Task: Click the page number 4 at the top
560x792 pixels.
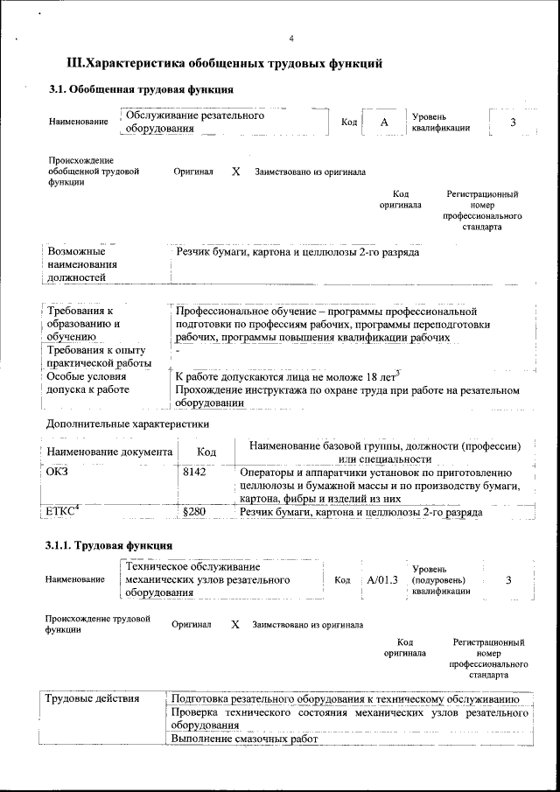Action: (x=291, y=39)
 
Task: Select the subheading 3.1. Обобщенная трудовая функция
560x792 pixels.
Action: (x=141, y=89)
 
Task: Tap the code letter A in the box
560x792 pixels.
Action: (x=384, y=122)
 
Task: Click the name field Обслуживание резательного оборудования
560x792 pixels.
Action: (x=194, y=122)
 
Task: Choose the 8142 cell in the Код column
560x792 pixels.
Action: (x=193, y=472)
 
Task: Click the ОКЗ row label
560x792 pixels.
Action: (x=57, y=472)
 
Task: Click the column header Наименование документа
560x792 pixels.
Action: (x=109, y=452)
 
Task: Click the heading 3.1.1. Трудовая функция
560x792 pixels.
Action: (x=108, y=546)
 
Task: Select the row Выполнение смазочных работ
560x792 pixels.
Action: (x=243, y=739)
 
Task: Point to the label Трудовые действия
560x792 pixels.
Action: (x=92, y=699)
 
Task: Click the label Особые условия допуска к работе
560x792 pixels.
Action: (x=87, y=382)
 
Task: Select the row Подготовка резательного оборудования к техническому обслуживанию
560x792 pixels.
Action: (x=346, y=699)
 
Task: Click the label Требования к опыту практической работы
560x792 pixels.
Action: (x=99, y=356)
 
